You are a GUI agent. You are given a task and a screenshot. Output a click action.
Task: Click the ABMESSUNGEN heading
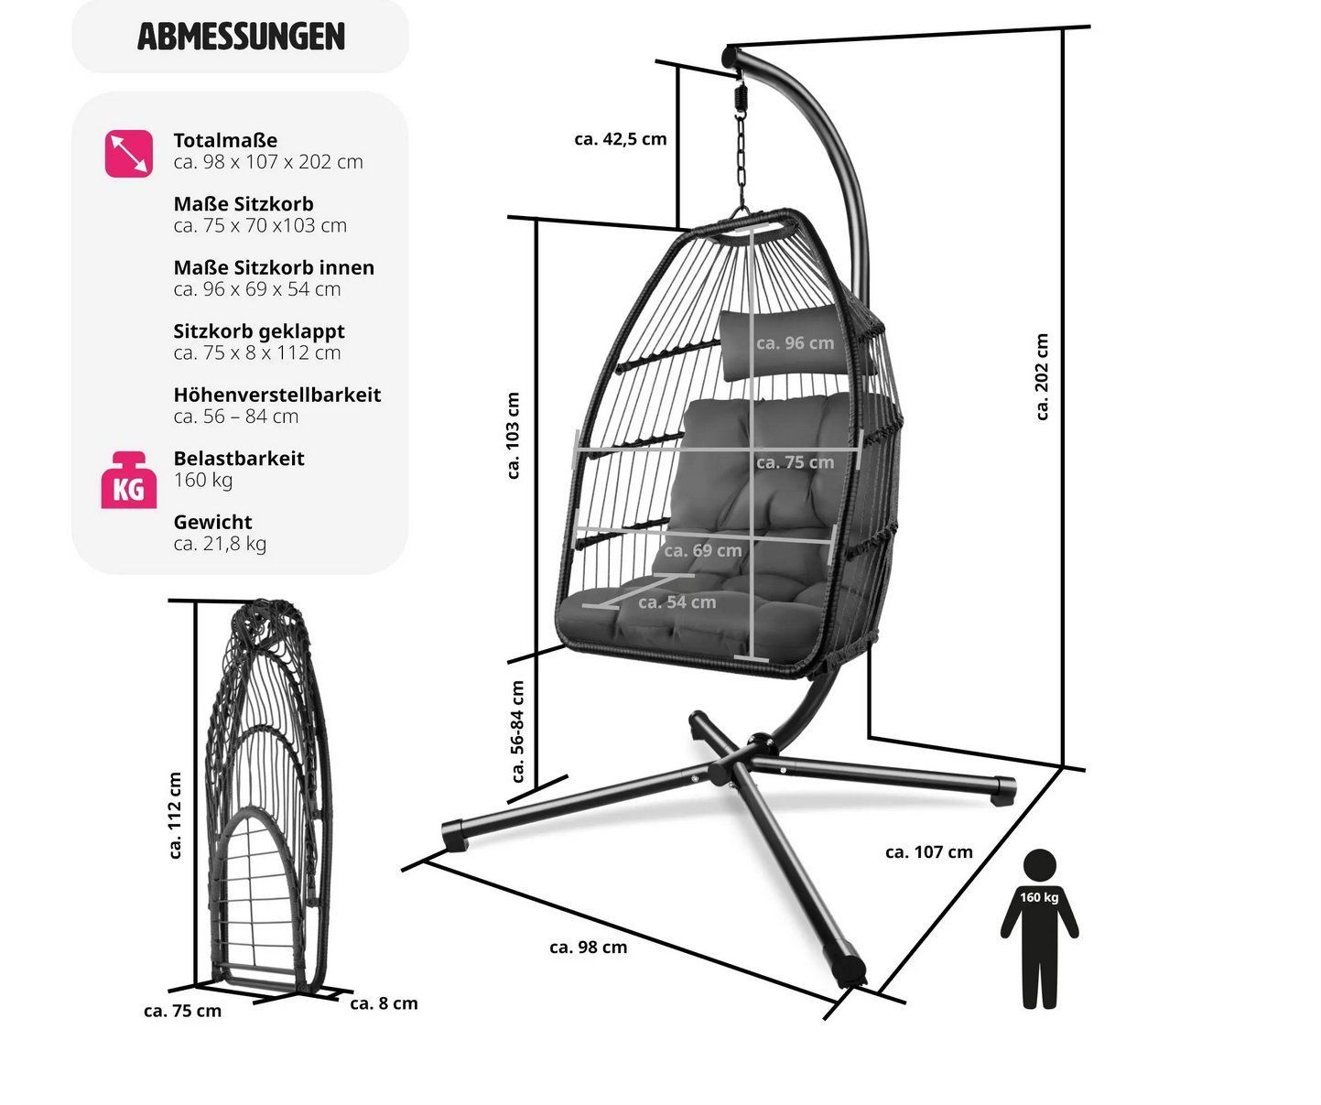[x=241, y=36]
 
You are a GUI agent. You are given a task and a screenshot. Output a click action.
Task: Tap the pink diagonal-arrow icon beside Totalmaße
[x=129, y=154]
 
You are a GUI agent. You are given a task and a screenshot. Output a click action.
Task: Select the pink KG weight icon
[x=128, y=480]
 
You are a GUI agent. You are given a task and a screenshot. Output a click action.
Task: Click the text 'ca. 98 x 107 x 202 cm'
[x=268, y=162]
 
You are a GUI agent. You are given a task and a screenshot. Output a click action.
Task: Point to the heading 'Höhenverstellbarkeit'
[x=277, y=395]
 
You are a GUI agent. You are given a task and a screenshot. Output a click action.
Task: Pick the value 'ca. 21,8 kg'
[x=220, y=544]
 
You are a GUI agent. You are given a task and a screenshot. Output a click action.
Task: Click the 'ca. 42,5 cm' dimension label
[x=621, y=139]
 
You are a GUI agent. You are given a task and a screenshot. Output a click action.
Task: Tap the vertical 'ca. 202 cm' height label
[x=1042, y=377]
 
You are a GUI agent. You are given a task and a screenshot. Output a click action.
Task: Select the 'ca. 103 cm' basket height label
[x=513, y=436]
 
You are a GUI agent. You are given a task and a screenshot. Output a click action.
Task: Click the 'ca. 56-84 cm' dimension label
[x=517, y=731]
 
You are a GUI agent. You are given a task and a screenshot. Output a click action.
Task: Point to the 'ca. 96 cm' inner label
[x=796, y=343]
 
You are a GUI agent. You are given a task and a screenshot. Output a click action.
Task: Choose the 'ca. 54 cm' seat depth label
[x=677, y=601]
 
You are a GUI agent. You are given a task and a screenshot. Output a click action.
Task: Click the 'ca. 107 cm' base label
[x=929, y=851]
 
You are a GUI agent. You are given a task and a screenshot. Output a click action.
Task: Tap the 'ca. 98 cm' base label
[x=589, y=948]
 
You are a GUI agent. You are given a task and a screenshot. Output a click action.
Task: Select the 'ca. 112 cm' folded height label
[x=175, y=815]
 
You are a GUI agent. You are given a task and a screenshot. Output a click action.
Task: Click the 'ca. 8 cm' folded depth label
[x=384, y=1003]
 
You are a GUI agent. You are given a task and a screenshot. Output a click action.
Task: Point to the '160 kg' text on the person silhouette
[x=1039, y=897]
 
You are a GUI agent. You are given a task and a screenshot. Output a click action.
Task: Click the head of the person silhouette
[x=1039, y=864]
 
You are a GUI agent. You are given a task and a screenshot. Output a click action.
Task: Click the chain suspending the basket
[x=742, y=152]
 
